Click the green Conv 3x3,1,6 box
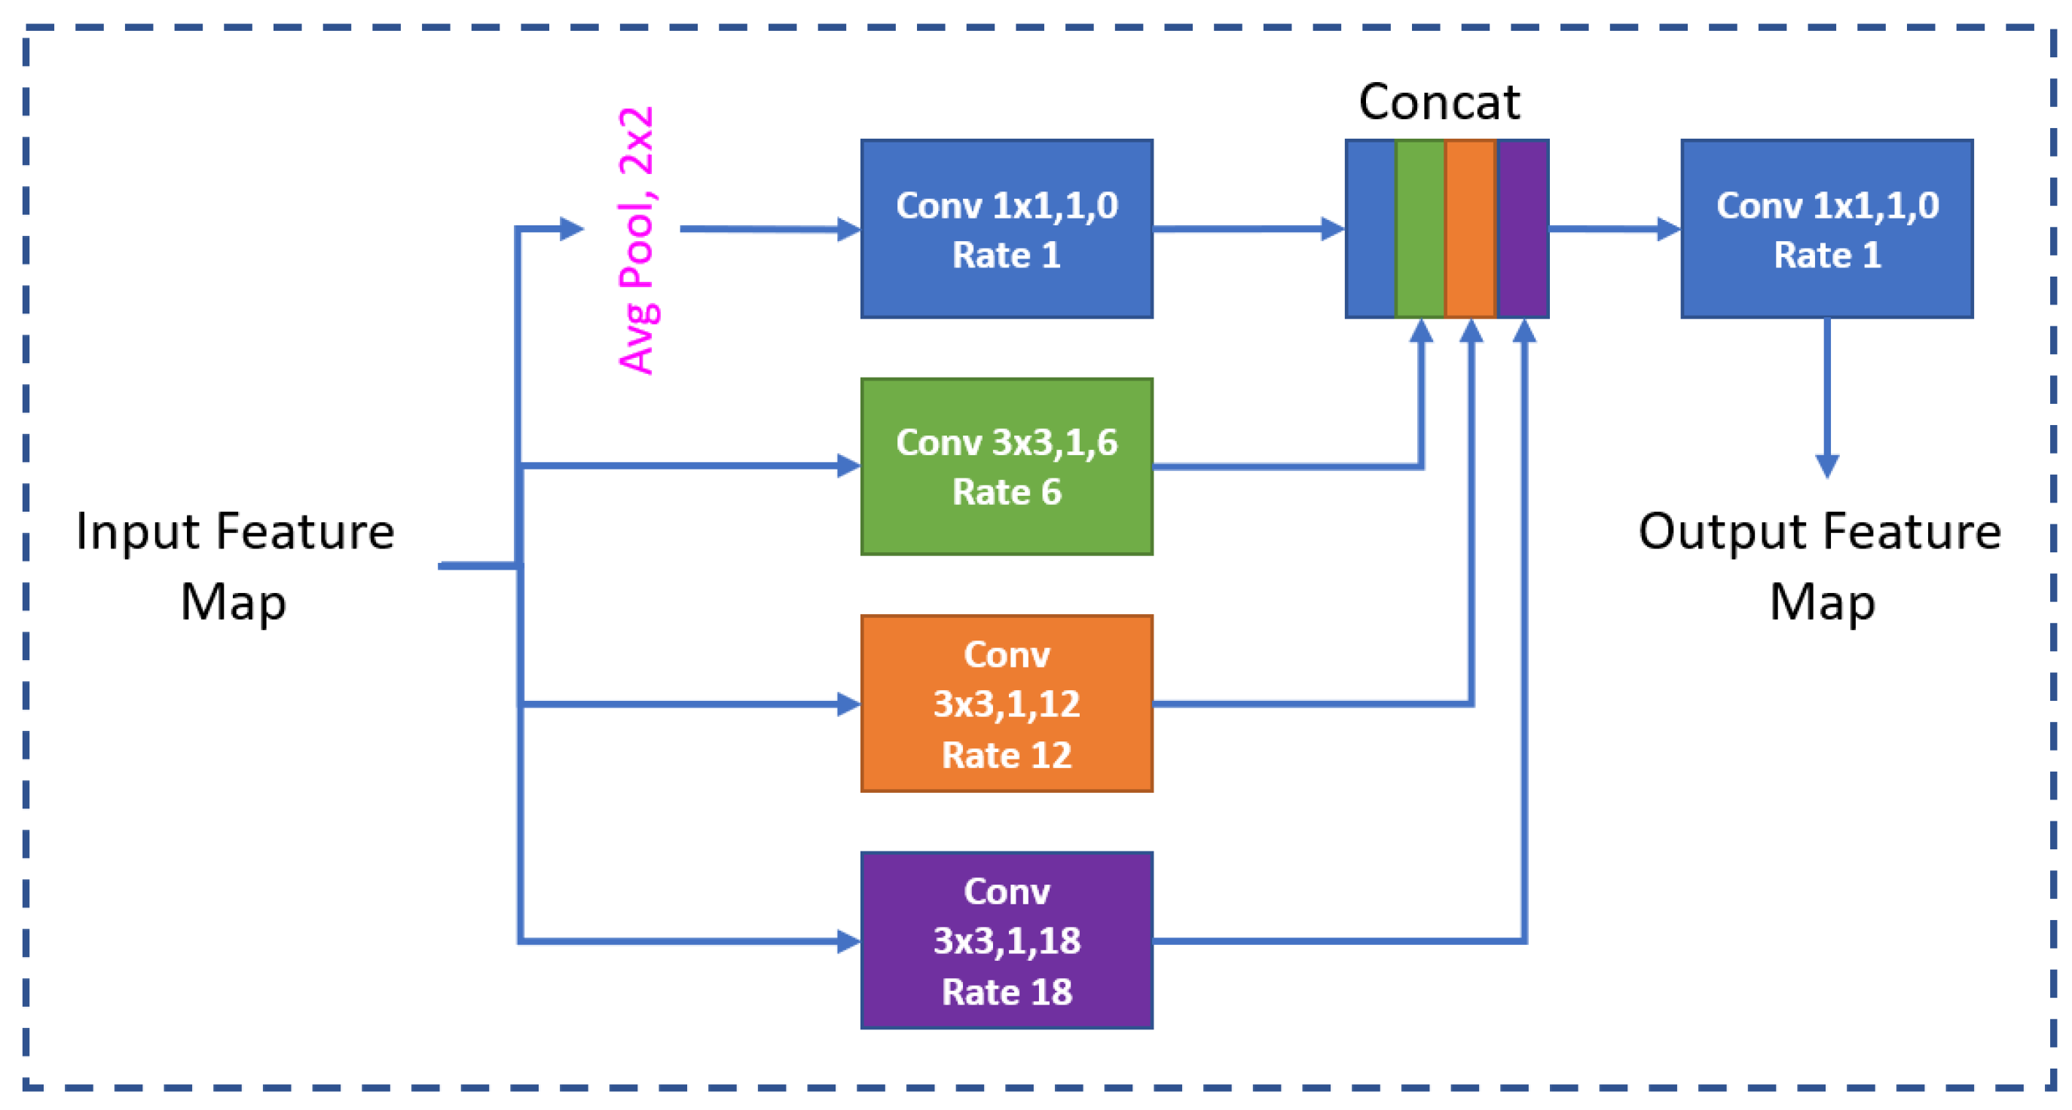coord(1007,466)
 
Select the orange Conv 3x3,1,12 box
coord(1007,704)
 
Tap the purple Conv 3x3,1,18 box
coord(1007,940)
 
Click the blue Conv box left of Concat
coord(1007,229)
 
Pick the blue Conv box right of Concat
coord(1826,229)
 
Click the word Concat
coord(1439,102)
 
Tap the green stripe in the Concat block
coord(1420,229)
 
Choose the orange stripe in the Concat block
coord(1470,229)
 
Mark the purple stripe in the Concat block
coord(1523,229)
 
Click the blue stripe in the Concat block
coord(1370,229)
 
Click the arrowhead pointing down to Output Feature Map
coord(1826,465)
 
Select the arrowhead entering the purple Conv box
coord(848,940)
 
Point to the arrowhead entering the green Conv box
coord(848,466)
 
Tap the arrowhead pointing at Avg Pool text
coord(571,229)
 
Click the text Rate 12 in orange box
coord(1007,755)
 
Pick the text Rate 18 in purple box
coord(1007,992)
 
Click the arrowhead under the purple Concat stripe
coord(1524,332)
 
